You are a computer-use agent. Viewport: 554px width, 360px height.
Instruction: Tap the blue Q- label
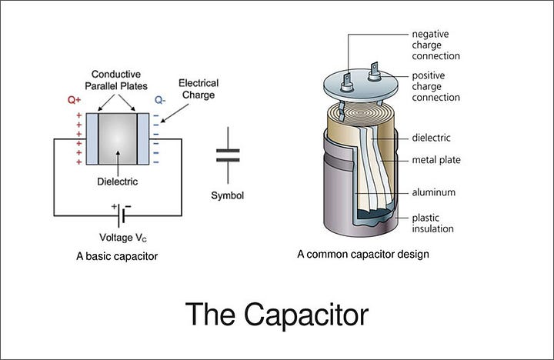click(160, 100)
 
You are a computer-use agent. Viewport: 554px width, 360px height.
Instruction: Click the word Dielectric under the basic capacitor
click(118, 182)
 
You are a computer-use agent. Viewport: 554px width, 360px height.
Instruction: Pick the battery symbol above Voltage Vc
click(120, 208)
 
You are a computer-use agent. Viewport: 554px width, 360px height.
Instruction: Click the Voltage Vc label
click(123, 237)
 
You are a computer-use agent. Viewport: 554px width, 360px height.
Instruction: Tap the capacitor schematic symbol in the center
click(228, 155)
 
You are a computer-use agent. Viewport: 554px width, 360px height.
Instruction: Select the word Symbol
click(228, 195)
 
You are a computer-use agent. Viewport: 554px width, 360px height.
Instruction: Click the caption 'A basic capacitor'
click(118, 256)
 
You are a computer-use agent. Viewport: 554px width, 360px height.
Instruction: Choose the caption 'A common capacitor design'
click(363, 254)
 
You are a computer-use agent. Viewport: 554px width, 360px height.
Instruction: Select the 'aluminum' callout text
click(434, 192)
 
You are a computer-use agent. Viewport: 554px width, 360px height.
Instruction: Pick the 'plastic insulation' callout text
click(432, 223)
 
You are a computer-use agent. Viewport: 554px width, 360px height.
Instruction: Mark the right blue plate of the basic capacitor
click(142, 138)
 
